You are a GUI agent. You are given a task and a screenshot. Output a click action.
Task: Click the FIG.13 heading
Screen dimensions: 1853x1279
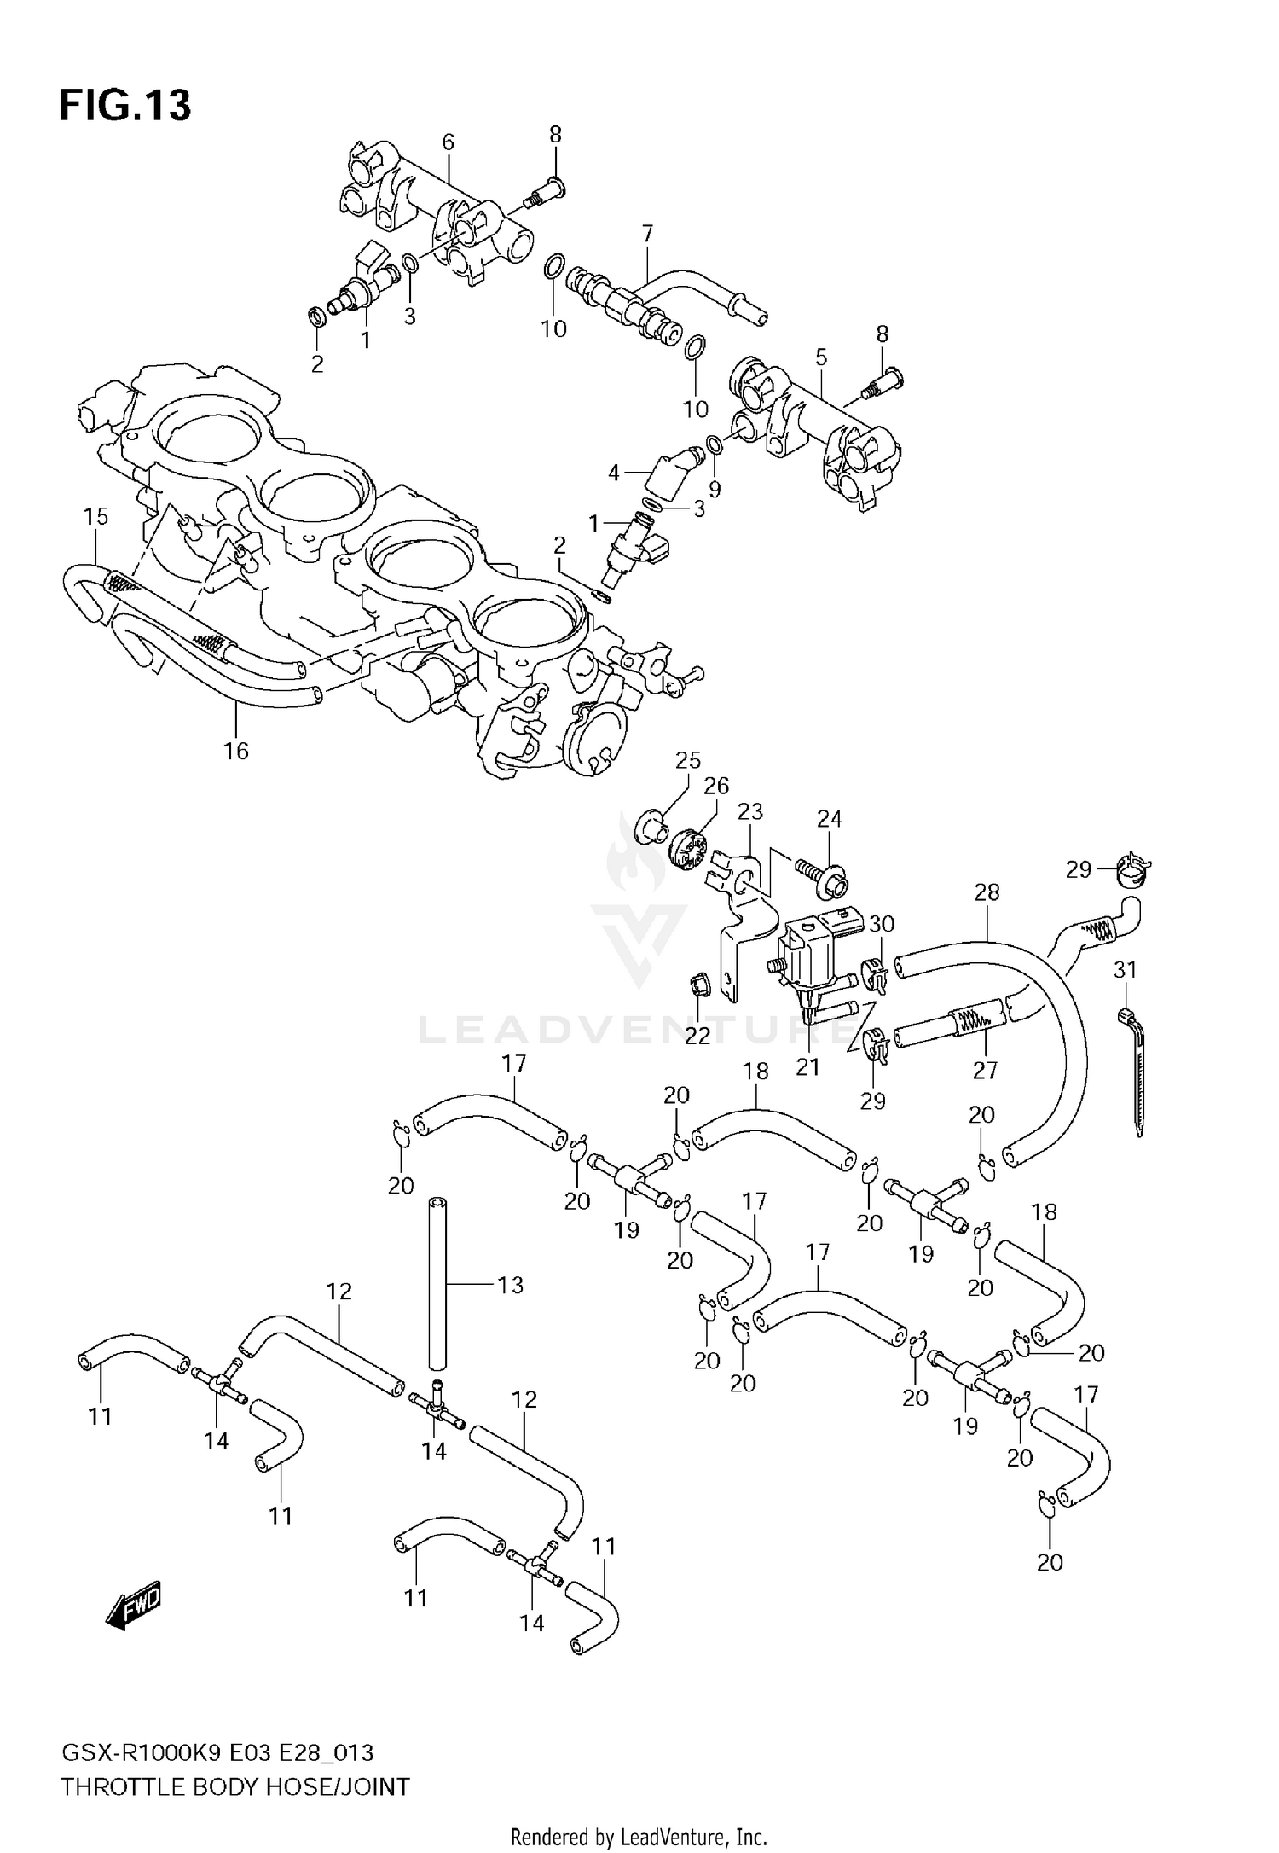[125, 106]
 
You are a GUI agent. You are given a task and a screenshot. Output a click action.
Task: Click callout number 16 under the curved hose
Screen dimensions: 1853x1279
[236, 751]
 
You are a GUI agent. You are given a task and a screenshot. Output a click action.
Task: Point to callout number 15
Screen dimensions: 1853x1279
[96, 516]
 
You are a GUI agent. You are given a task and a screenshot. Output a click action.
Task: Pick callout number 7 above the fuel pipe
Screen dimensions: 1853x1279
[647, 234]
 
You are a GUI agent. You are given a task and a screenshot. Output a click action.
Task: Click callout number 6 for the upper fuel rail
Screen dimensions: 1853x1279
[449, 142]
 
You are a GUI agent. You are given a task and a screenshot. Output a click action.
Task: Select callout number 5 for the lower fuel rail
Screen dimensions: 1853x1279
[821, 357]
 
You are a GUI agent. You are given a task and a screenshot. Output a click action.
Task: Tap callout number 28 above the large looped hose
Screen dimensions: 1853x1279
[987, 892]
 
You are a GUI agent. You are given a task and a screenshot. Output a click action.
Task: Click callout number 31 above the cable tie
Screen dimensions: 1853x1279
[1125, 970]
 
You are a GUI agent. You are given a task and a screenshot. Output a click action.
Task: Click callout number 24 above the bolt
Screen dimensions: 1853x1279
[829, 819]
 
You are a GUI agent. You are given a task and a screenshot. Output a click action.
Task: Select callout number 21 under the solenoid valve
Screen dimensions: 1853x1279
[807, 1066]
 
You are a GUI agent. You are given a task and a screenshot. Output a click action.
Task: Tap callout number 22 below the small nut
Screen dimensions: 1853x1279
[697, 1035]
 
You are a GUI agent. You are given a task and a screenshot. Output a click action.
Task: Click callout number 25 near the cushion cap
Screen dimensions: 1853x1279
[688, 760]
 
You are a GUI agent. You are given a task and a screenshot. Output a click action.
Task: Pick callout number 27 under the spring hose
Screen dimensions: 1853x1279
[985, 1070]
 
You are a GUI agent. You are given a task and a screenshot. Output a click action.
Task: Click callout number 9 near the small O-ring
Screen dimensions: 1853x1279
[715, 490]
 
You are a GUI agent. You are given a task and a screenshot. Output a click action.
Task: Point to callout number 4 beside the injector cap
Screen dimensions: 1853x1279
[614, 472]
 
